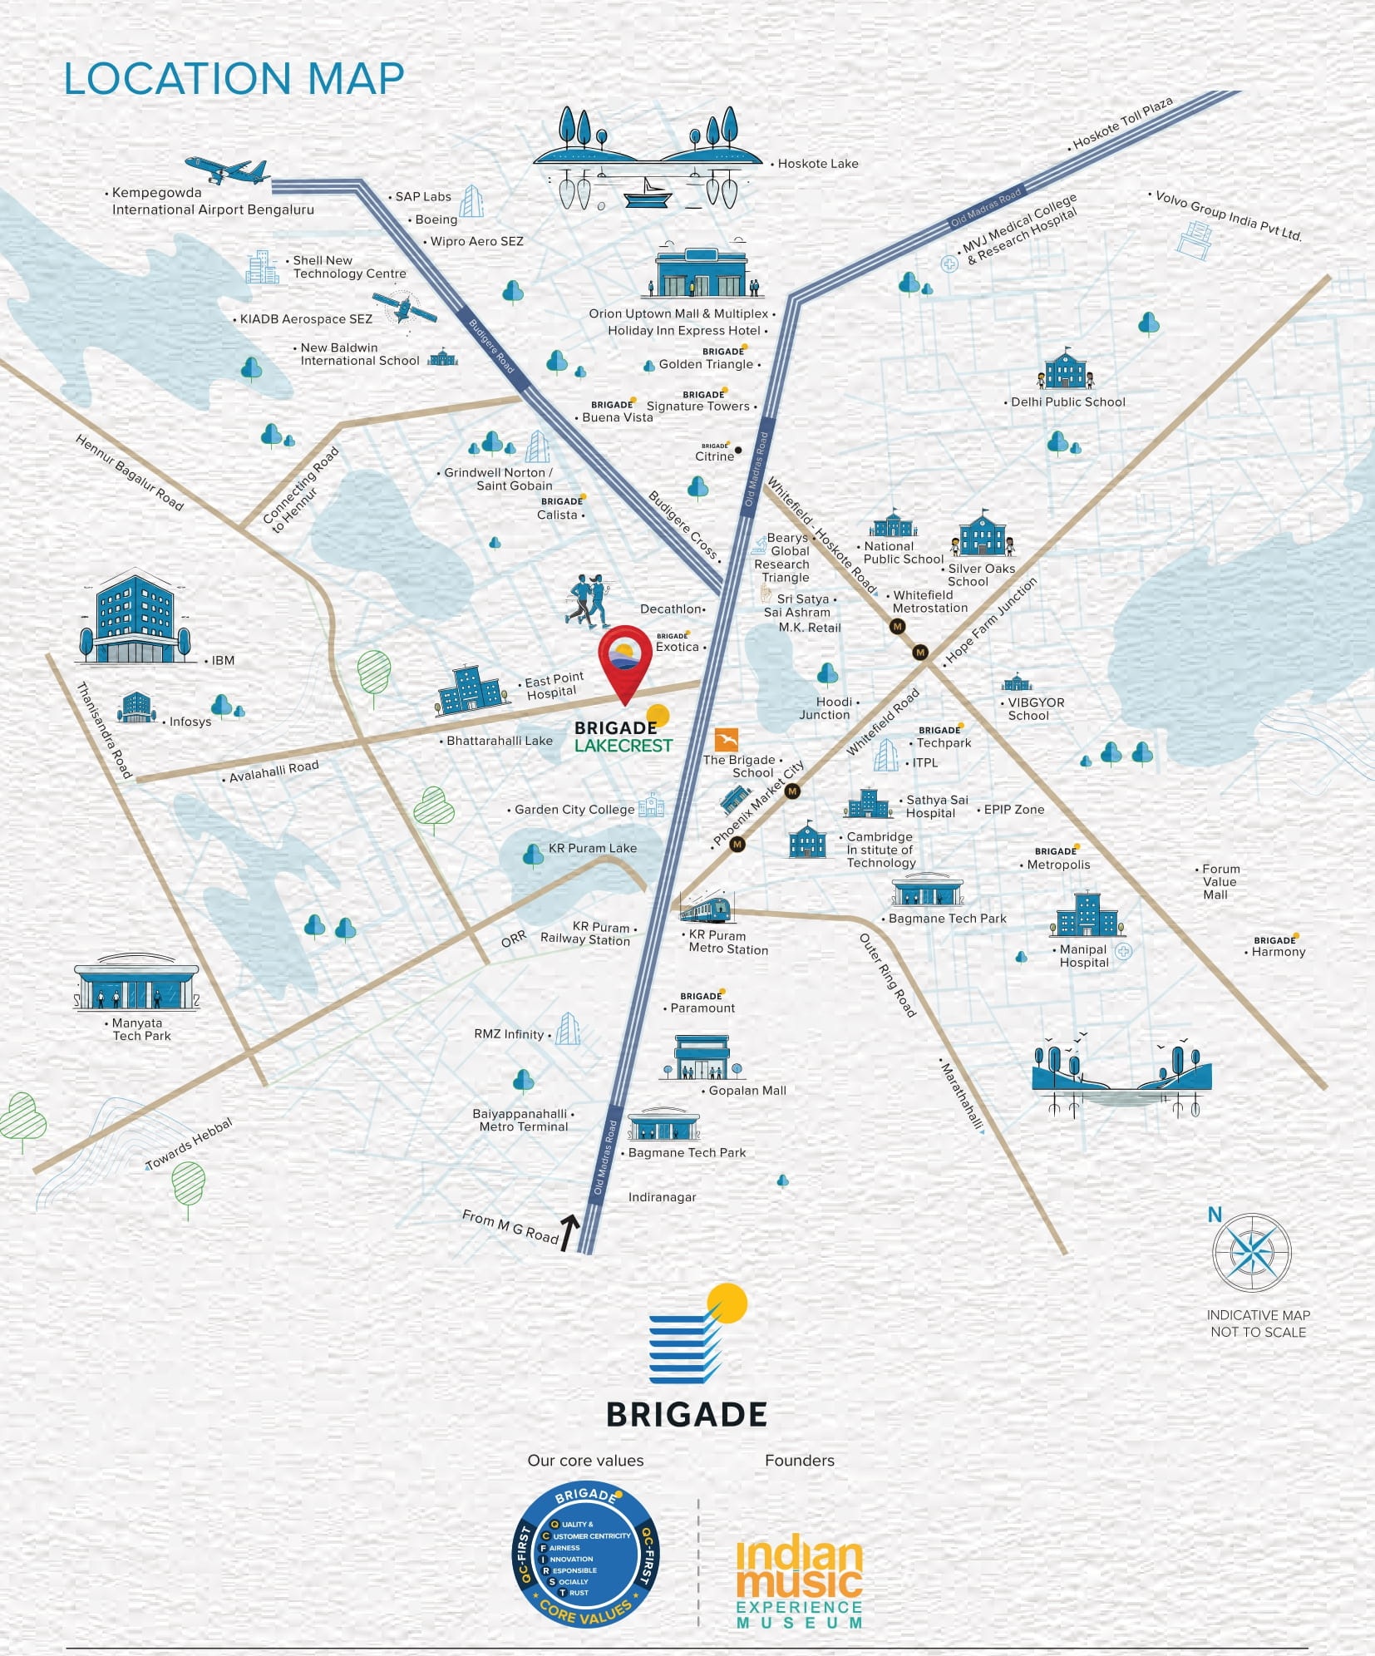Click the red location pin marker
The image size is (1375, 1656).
click(625, 661)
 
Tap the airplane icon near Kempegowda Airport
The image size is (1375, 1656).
click(227, 170)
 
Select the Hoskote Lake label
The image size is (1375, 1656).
click(817, 164)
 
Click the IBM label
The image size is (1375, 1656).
click(223, 660)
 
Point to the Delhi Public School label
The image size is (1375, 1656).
click(1067, 402)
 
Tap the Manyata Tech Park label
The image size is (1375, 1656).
click(141, 1029)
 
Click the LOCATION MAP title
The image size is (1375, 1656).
click(234, 79)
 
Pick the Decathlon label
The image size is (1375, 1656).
click(672, 609)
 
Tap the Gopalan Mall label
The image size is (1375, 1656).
click(747, 1090)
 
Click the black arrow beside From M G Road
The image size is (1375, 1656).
click(569, 1233)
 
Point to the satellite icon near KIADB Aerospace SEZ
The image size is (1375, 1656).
click(404, 308)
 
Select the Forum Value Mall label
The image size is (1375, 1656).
click(1220, 881)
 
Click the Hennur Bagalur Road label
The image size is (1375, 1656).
click(130, 472)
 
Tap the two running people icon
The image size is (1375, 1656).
click(589, 599)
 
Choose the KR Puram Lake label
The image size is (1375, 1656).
click(592, 848)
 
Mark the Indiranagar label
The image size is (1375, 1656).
click(662, 1197)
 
